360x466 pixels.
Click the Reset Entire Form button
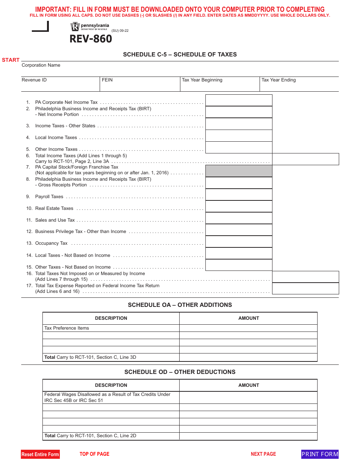click(x=40, y=454)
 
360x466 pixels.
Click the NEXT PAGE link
click(x=263, y=454)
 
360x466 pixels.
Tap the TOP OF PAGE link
click(x=94, y=454)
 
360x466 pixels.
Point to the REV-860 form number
click(x=91, y=39)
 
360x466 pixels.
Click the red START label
click(x=11, y=60)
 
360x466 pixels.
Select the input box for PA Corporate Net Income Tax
click(x=239, y=100)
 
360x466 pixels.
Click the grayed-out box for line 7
click(x=239, y=171)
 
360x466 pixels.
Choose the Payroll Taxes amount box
click(x=239, y=195)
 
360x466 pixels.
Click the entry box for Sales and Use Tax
click(x=239, y=218)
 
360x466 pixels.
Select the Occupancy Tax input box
click(x=239, y=242)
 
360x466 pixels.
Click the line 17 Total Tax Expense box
click(x=305, y=289)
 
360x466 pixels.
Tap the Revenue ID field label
click(x=34, y=80)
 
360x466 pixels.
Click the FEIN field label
click(x=107, y=80)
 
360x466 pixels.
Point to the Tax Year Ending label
click(x=279, y=80)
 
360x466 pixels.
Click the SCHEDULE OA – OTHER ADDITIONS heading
click(x=180, y=305)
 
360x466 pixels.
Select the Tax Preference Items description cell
click(x=111, y=328)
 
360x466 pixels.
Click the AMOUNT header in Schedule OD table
click(x=249, y=385)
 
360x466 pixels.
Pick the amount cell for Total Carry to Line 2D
click(x=248, y=436)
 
